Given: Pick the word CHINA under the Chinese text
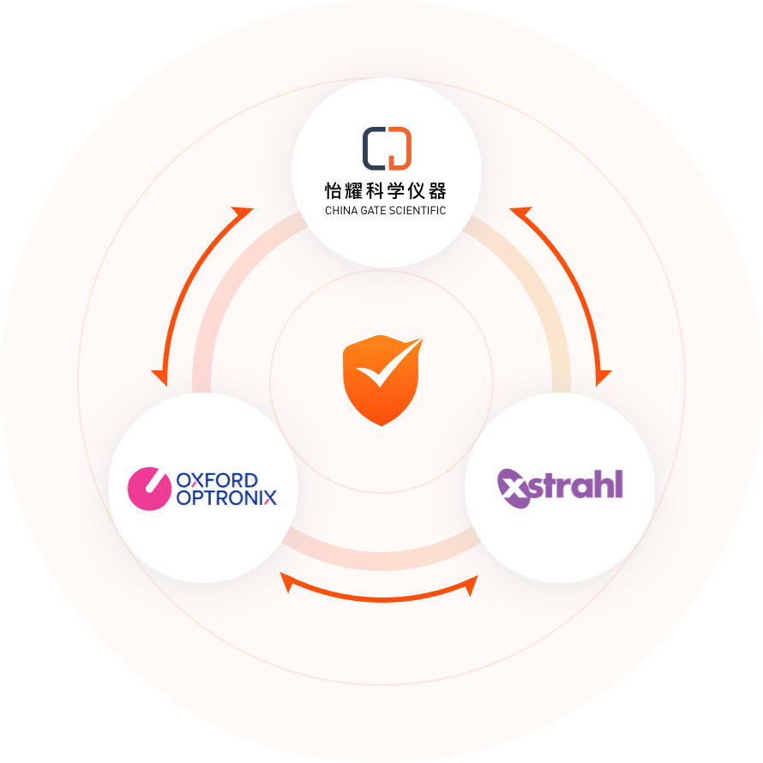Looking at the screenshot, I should coord(341,211).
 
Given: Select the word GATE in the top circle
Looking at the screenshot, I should coord(374,211).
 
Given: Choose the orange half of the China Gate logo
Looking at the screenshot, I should coord(400,147).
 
